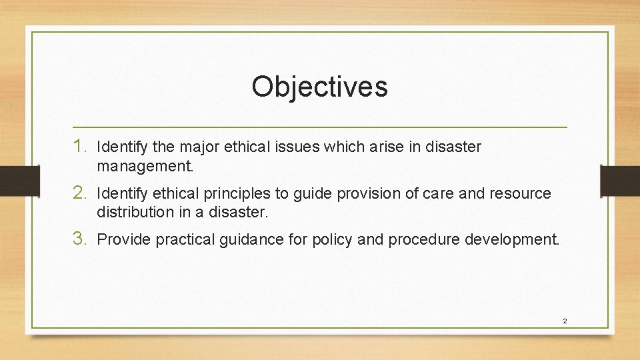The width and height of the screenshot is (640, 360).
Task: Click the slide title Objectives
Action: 319,86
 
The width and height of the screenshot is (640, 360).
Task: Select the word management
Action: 145,167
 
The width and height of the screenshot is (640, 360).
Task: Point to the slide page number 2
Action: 564,321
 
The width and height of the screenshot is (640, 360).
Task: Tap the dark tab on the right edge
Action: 620,180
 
